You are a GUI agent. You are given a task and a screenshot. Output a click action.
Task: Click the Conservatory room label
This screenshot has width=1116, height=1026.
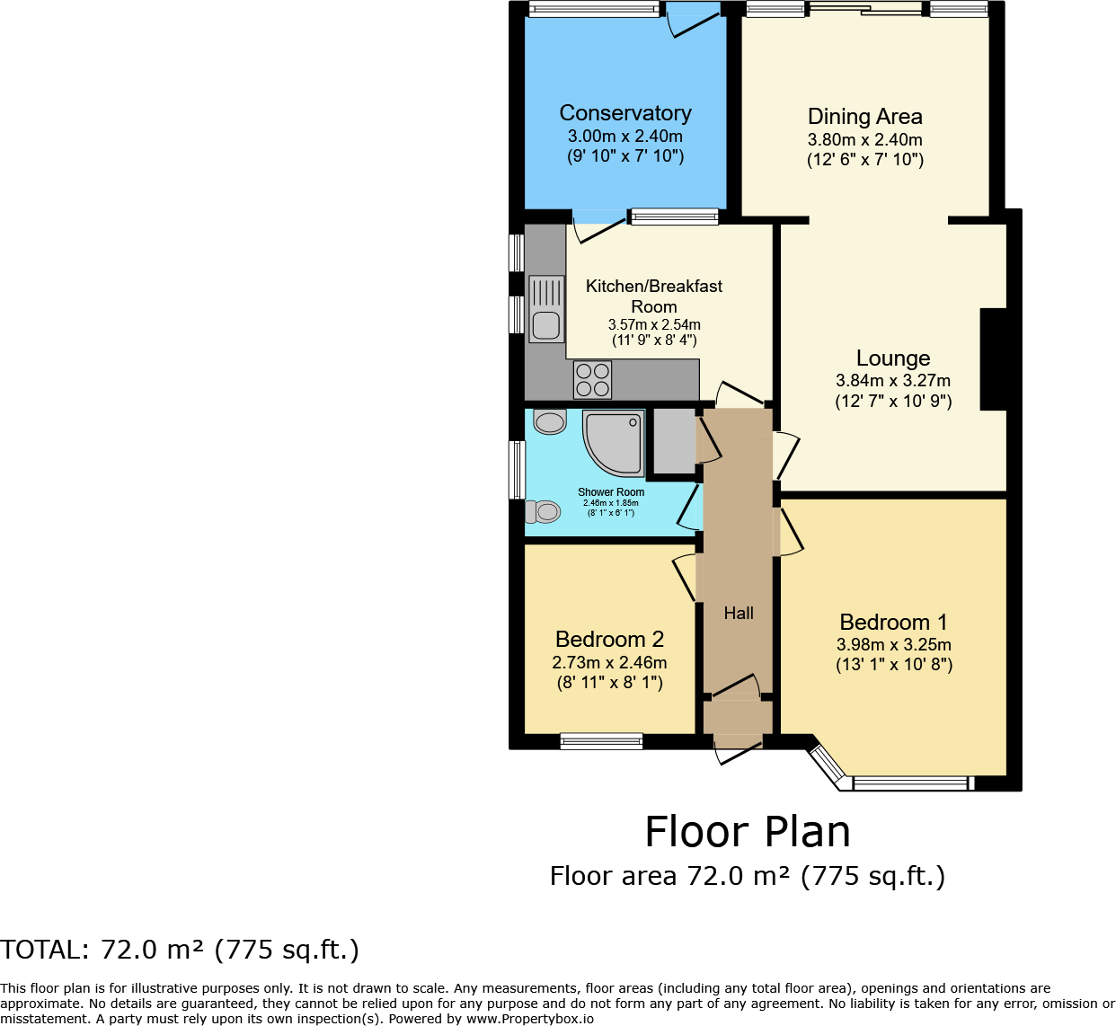point(625,113)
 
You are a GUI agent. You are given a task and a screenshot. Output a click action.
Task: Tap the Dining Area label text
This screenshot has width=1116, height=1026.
point(864,117)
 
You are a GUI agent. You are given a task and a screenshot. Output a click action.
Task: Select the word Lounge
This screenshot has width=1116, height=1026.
point(892,358)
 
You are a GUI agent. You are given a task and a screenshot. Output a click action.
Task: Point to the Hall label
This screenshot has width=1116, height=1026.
point(739,613)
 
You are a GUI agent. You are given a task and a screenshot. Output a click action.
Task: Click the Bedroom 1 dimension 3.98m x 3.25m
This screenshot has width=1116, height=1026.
point(893,645)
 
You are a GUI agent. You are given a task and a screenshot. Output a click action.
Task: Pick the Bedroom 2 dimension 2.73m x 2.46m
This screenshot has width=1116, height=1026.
point(609,663)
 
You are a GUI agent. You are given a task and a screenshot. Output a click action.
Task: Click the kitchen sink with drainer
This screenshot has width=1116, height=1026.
point(546,308)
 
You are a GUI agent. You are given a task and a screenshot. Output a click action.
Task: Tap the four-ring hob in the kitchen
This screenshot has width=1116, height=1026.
point(592,379)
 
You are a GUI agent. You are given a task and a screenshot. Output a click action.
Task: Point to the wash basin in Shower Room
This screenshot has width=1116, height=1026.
point(549,420)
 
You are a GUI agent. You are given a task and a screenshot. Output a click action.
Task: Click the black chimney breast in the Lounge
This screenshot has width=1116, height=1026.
point(992,359)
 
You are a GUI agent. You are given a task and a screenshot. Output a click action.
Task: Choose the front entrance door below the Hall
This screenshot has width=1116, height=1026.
point(738,749)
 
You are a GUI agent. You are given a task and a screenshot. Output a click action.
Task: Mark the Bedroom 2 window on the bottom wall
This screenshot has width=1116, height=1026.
point(601,741)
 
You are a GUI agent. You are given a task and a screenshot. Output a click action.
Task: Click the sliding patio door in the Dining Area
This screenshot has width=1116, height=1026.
point(865,10)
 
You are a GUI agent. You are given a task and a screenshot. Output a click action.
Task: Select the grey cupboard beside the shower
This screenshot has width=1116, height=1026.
point(674,440)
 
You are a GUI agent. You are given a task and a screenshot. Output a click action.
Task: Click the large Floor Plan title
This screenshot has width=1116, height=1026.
point(747,832)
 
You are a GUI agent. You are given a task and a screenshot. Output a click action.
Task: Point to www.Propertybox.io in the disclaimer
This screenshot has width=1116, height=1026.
point(530,1019)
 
